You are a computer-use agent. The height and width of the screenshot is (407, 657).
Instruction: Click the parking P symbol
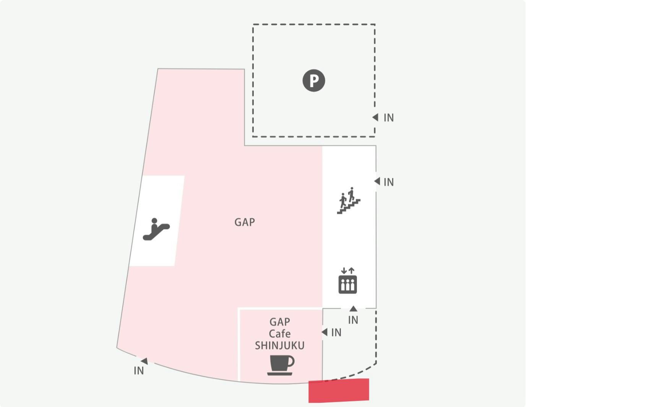[x=314, y=81]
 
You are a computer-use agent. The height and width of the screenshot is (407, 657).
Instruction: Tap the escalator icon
[x=156, y=229]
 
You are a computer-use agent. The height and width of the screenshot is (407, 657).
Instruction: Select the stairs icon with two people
[x=348, y=200]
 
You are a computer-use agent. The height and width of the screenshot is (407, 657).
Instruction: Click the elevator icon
[x=347, y=281]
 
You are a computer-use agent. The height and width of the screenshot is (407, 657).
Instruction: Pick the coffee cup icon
[x=281, y=365]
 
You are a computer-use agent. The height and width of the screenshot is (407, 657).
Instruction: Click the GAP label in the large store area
[x=245, y=222]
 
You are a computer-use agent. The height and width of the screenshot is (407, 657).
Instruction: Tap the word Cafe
[x=280, y=334]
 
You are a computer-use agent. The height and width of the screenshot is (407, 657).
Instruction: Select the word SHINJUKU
[x=280, y=346]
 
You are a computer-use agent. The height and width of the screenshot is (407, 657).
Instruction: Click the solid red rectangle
[x=339, y=391]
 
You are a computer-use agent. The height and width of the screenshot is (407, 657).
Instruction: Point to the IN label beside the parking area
[x=389, y=118]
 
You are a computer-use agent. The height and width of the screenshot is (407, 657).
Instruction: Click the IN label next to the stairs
[x=389, y=183]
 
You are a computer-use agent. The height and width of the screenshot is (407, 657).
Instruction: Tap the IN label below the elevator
[x=353, y=320]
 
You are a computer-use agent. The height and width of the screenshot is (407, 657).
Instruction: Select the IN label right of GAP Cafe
[x=336, y=333]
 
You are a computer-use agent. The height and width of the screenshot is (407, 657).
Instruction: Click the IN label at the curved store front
[x=139, y=371]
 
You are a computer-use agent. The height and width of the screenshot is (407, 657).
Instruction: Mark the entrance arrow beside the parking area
[x=375, y=117]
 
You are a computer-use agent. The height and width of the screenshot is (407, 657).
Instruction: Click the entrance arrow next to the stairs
[x=377, y=181]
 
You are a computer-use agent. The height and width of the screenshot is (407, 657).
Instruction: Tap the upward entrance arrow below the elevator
[x=354, y=308]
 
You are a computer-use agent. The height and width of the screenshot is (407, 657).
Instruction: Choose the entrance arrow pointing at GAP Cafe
[x=324, y=332]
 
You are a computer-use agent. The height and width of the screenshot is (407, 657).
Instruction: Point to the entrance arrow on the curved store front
[x=144, y=361]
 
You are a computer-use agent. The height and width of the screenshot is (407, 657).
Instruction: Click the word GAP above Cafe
[x=280, y=322]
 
